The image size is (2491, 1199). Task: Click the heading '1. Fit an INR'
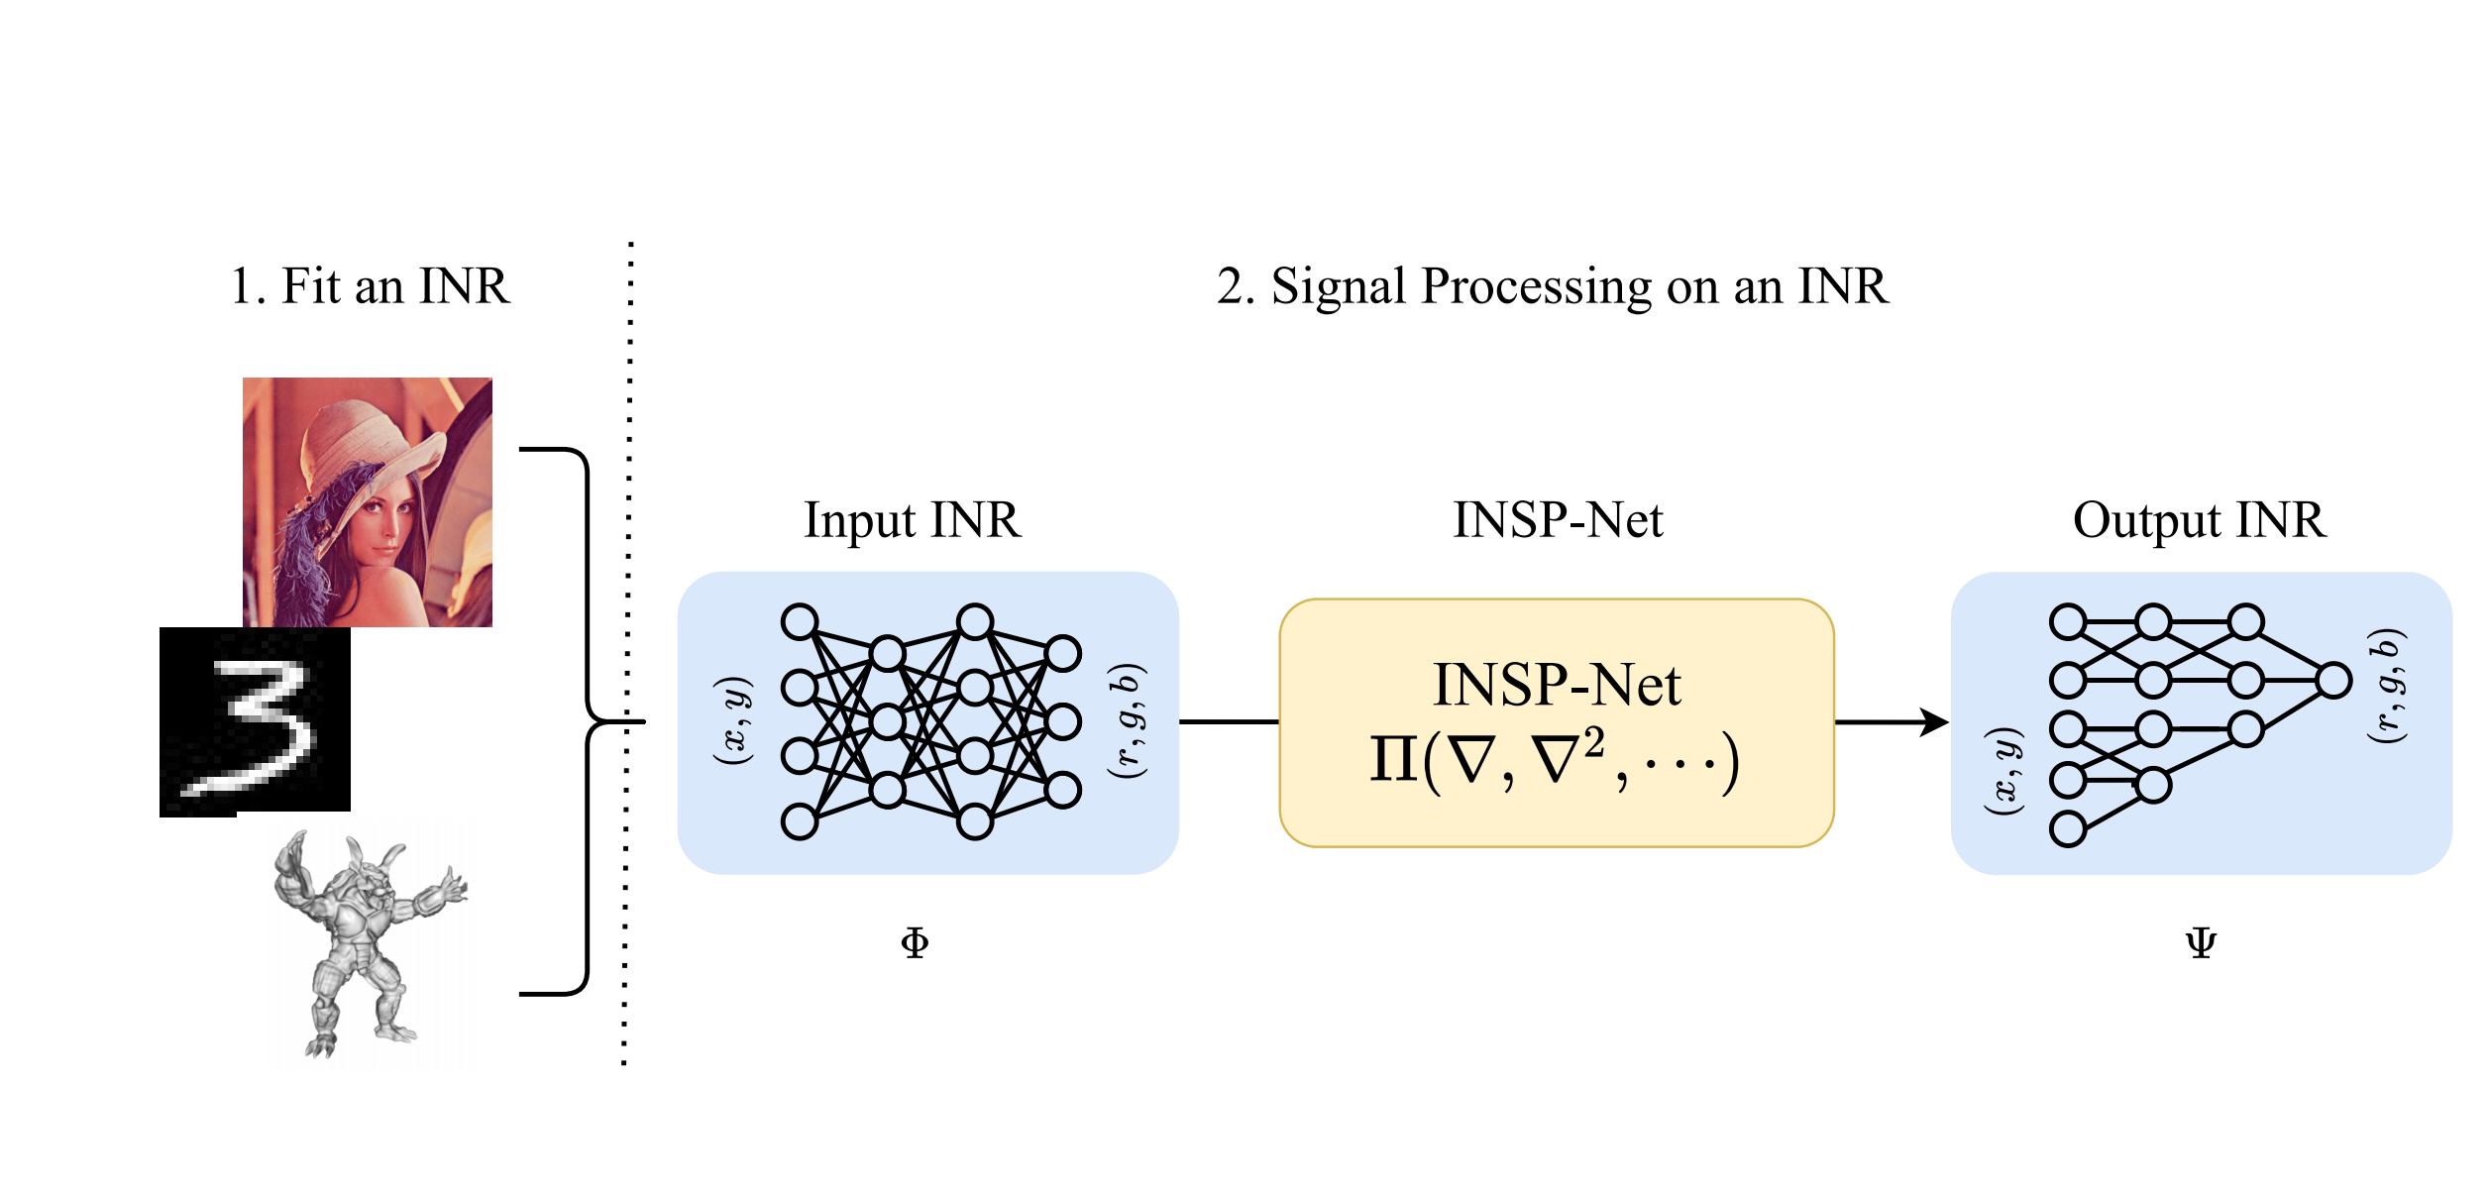point(370,286)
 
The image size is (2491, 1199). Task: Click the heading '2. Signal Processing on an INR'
point(1552,286)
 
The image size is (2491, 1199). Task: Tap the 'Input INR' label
point(912,520)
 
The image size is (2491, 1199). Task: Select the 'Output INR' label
point(2199,520)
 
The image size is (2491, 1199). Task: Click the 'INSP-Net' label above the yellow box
point(1558,520)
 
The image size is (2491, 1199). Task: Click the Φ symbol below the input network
point(915,942)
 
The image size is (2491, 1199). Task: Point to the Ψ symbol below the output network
point(2201,942)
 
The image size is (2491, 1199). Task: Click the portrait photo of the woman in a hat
point(368,501)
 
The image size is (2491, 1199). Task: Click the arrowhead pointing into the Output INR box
point(1934,722)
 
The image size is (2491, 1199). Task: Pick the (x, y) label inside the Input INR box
point(734,720)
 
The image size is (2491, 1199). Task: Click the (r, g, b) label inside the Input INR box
point(1127,720)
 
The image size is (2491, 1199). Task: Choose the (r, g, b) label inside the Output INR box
point(2387,685)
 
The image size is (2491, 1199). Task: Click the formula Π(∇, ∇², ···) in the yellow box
point(1556,761)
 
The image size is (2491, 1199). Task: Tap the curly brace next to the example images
point(588,722)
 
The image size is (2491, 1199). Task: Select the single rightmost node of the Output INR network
point(2333,681)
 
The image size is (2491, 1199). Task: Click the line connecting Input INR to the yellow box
point(1229,722)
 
